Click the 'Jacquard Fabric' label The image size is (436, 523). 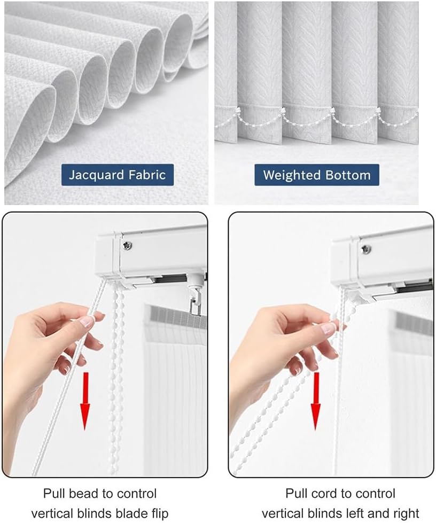pyautogui.click(x=117, y=175)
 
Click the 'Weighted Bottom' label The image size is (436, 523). pyautogui.click(x=317, y=175)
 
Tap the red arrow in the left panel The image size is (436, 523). pyautogui.click(x=85, y=404)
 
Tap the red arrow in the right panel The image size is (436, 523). pyautogui.click(x=316, y=401)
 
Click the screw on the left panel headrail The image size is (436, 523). pyautogui.click(x=127, y=245)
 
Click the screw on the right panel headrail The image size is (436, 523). pyautogui.click(x=365, y=249)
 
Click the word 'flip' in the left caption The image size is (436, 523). pyautogui.click(x=158, y=513)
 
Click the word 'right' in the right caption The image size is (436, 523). pyautogui.click(x=406, y=513)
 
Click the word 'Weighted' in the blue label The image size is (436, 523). pyautogui.click(x=290, y=175)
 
